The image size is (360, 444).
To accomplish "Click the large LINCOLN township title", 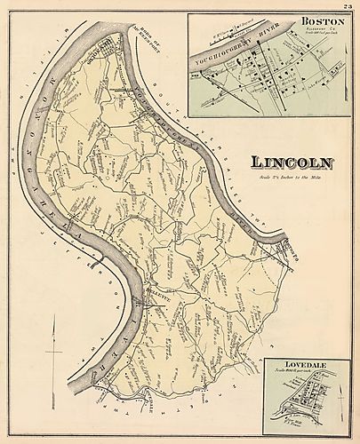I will (x=292, y=163).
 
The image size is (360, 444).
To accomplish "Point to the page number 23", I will (x=347, y=5).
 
